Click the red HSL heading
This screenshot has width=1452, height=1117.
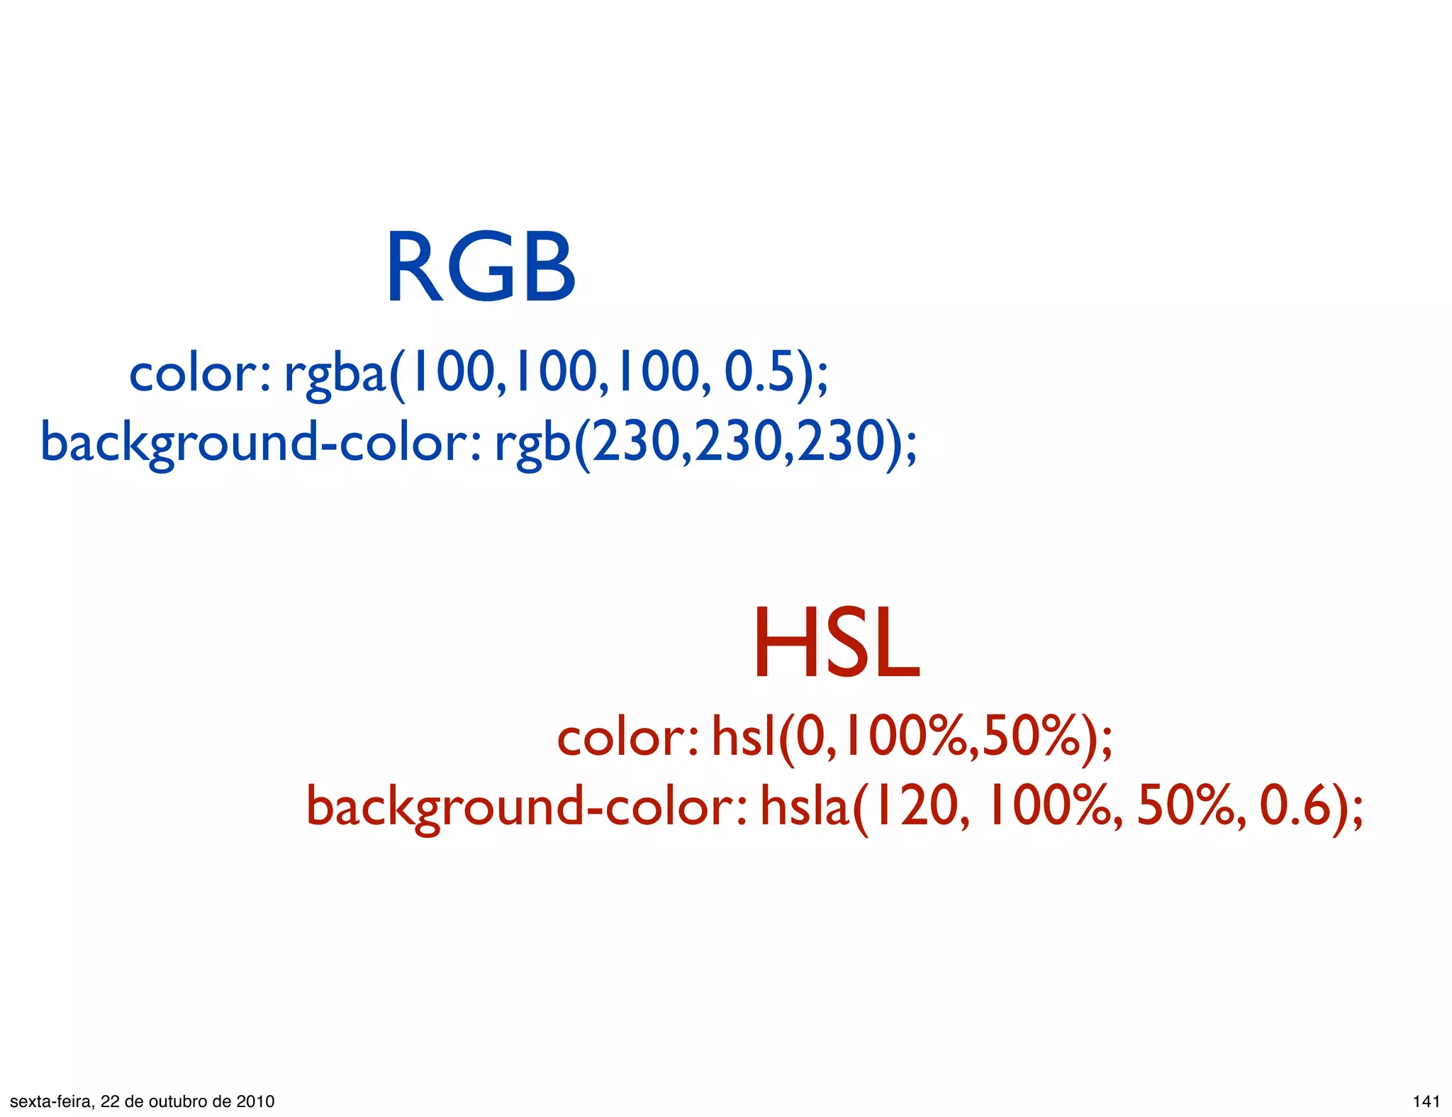pyautogui.click(x=836, y=644)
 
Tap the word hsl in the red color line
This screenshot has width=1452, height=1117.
pyautogui.click(x=743, y=737)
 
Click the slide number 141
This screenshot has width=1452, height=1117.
pyautogui.click(x=1426, y=1101)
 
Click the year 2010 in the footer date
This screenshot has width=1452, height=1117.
pyautogui.click(x=255, y=1101)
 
